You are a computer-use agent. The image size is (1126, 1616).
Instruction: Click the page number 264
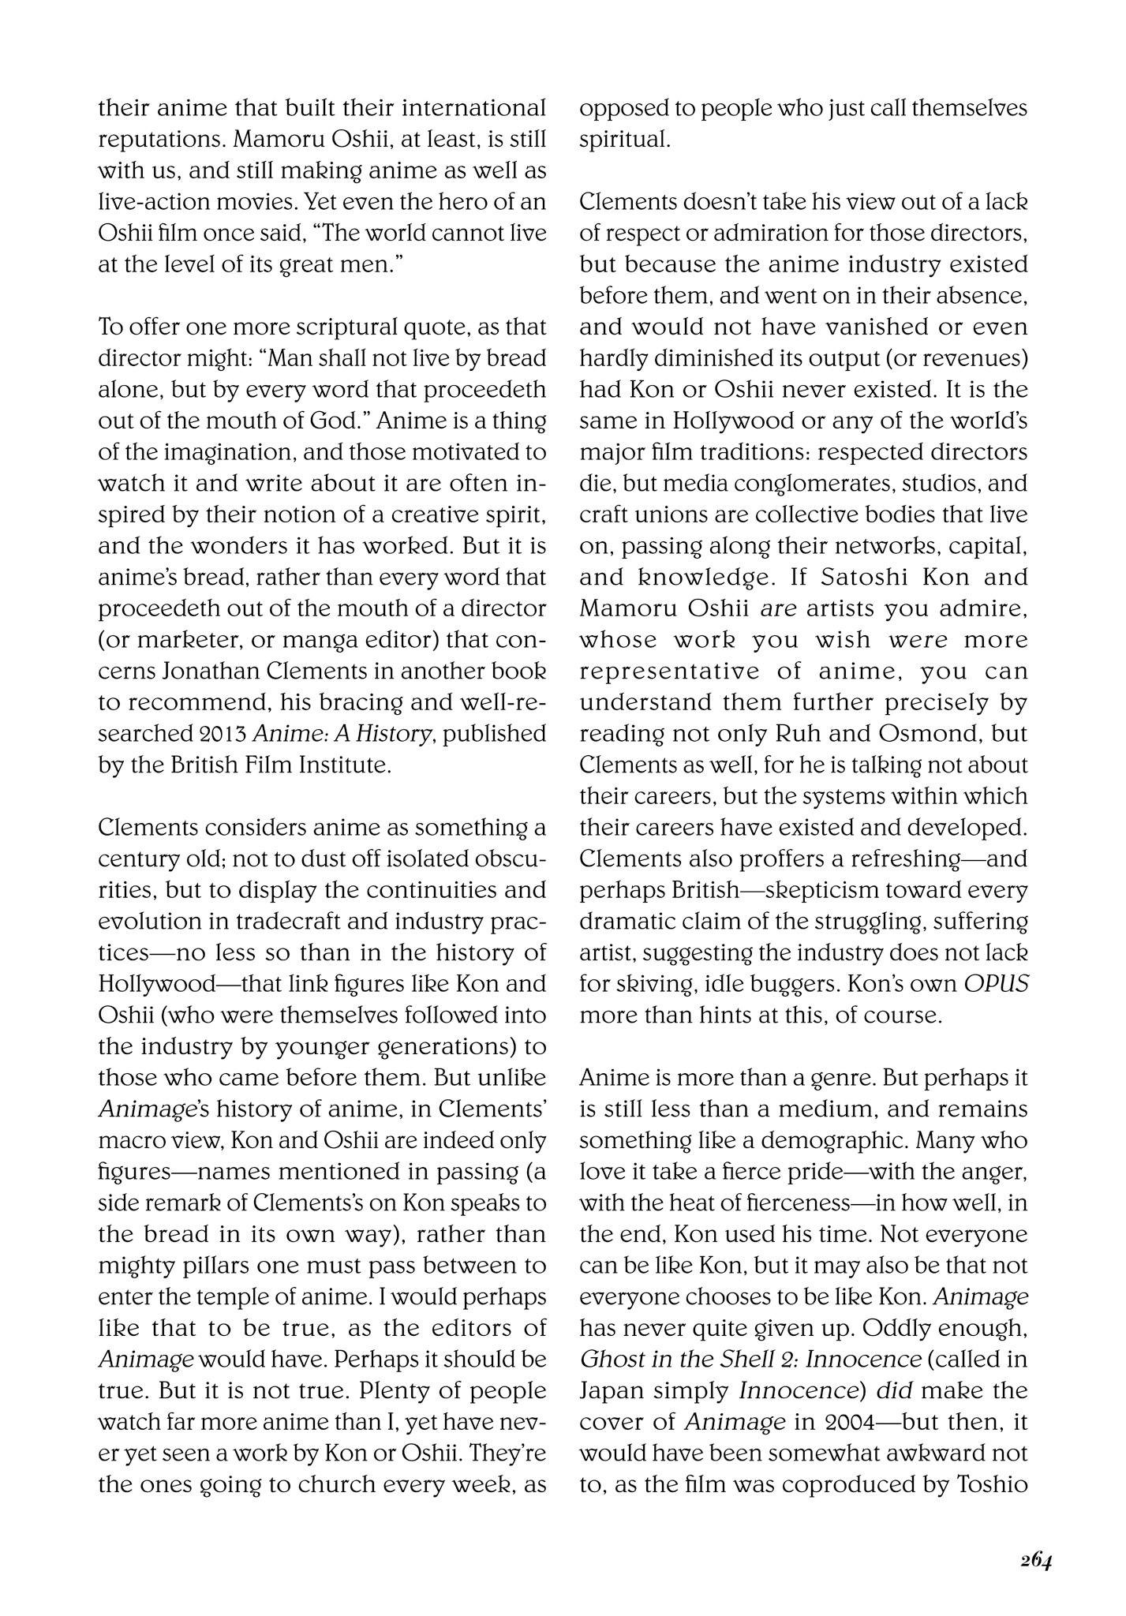[x=1034, y=1562]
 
